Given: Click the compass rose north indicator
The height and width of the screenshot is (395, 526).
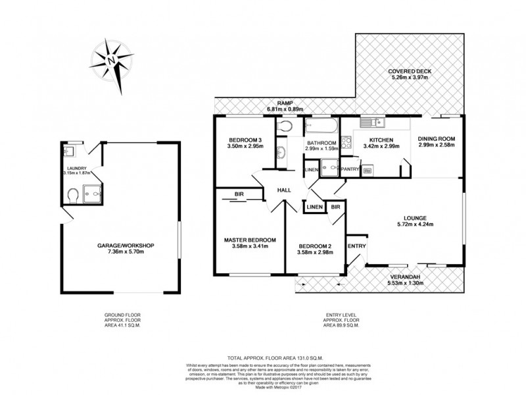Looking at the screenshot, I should (112, 59).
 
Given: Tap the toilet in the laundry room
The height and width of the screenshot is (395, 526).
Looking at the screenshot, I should (74, 194).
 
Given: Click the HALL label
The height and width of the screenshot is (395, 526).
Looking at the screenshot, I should (283, 190).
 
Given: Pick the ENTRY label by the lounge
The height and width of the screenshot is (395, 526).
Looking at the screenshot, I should (357, 246).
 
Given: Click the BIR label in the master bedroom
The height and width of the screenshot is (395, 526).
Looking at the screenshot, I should (239, 195).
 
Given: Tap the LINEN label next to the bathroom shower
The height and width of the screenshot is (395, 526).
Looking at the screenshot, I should (311, 171).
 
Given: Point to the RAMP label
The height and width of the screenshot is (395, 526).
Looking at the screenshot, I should (284, 103).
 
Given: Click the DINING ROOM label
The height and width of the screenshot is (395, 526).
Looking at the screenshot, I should (437, 140).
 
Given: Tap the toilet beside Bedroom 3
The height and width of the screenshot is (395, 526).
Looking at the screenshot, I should (285, 126).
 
